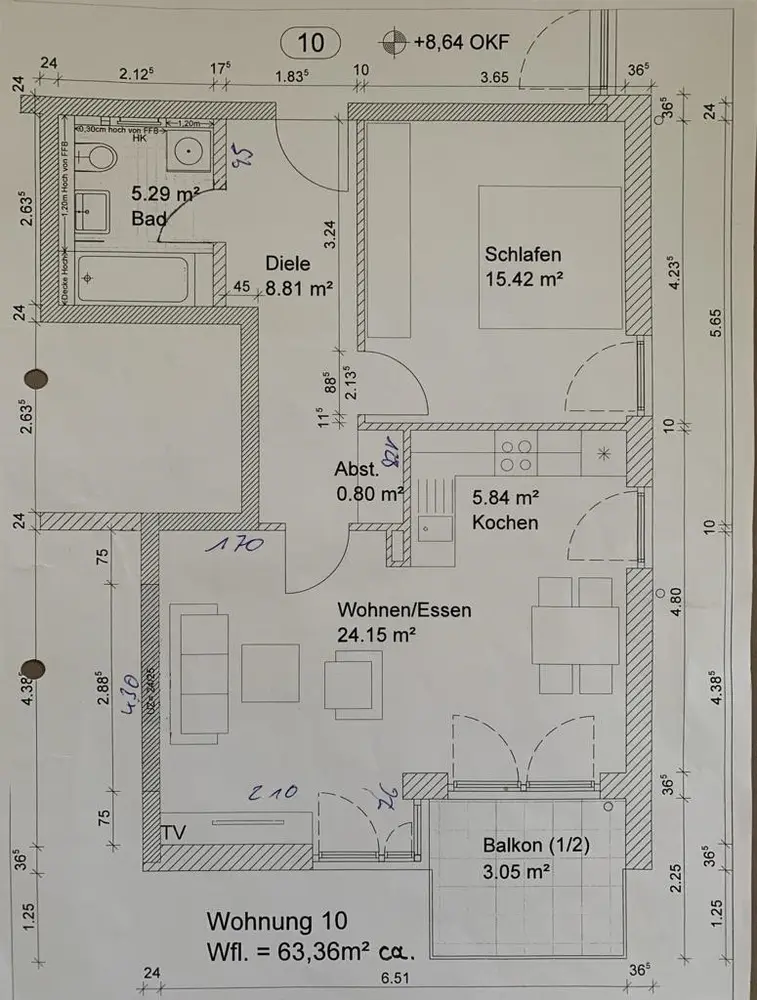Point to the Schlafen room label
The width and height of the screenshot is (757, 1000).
(x=523, y=254)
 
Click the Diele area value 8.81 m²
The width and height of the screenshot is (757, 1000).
(x=299, y=289)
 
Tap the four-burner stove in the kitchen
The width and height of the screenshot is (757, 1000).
(x=516, y=456)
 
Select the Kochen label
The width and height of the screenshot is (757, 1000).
(x=505, y=522)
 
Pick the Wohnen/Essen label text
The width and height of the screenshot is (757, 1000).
(x=404, y=610)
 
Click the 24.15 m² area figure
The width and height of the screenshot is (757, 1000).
(x=377, y=633)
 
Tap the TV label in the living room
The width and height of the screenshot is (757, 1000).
(x=174, y=832)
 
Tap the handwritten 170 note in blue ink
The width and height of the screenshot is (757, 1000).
(x=235, y=546)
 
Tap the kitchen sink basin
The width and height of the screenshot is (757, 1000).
(x=434, y=528)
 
